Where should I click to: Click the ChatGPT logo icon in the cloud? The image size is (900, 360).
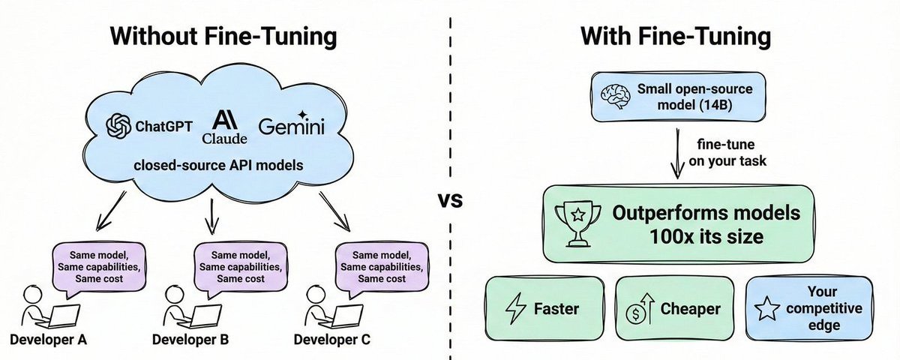[120, 126]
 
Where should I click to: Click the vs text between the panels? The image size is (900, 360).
[450, 200]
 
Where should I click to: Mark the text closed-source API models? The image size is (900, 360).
[217, 164]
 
